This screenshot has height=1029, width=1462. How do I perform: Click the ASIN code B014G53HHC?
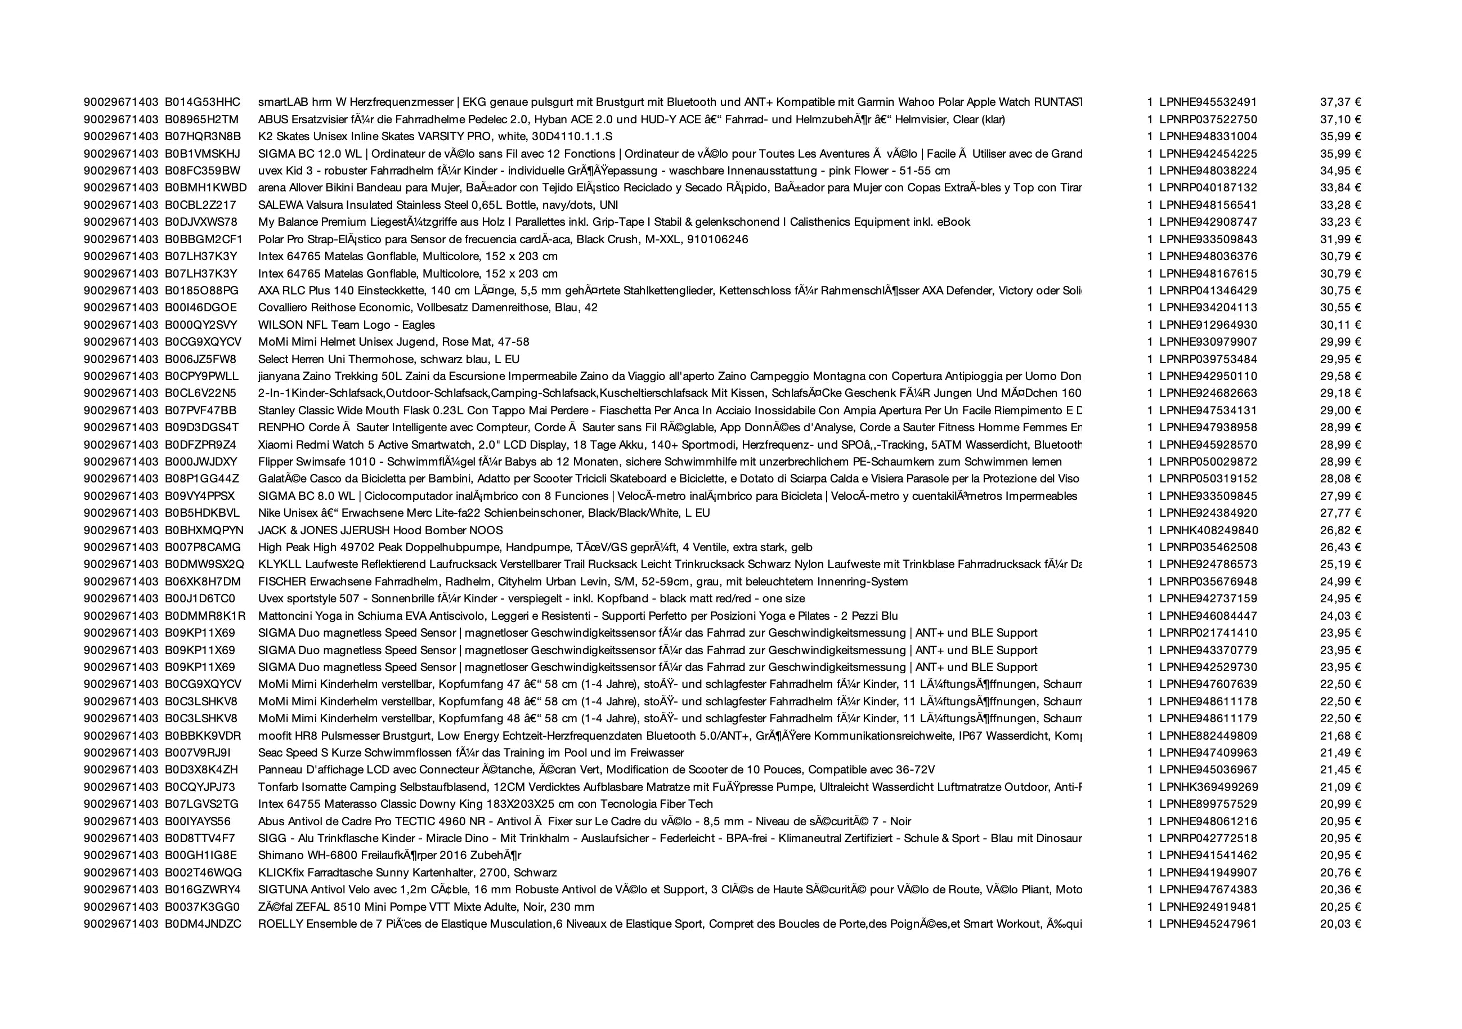pyautogui.click(x=203, y=102)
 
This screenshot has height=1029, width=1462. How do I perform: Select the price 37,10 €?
pyautogui.click(x=1340, y=119)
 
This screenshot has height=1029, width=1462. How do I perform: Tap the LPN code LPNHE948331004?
pyautogui.click(x=1208, y=136)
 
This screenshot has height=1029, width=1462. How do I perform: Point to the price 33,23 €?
pyautogui.click(x=1340, y=222)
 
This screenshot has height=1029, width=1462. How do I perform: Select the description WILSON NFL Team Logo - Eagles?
pyautogui.click(x=347, y=325)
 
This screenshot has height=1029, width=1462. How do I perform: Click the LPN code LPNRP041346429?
pyautogui.click(x=1208, y=290)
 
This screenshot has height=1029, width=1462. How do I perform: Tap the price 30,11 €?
pyautogui.click(x=1340, y=325)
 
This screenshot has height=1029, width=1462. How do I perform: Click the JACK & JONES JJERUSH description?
pyautogui.click(x=380, y=530)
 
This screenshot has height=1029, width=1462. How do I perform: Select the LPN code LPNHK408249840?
pyautogui.click(x=1209, y=530)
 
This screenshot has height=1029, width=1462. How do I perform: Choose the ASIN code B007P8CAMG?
pyautogui.click(x=203, y=547)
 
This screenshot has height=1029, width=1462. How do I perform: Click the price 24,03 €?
pyautogui.click(x=1340, y=616)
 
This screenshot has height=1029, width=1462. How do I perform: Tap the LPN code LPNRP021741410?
pyautogui.click(x=1208, y=633)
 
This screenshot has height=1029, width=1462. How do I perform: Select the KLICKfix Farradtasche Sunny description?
pyautogui.click(x=407, y=873)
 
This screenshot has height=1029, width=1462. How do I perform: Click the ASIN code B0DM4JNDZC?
pyautogui.click(x=203, y=924)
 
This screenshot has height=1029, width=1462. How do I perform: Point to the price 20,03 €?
pyautogui.click(x=1340, y=924)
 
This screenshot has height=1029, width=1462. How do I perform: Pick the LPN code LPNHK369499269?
pyautogui.click(x=1209, y=787)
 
